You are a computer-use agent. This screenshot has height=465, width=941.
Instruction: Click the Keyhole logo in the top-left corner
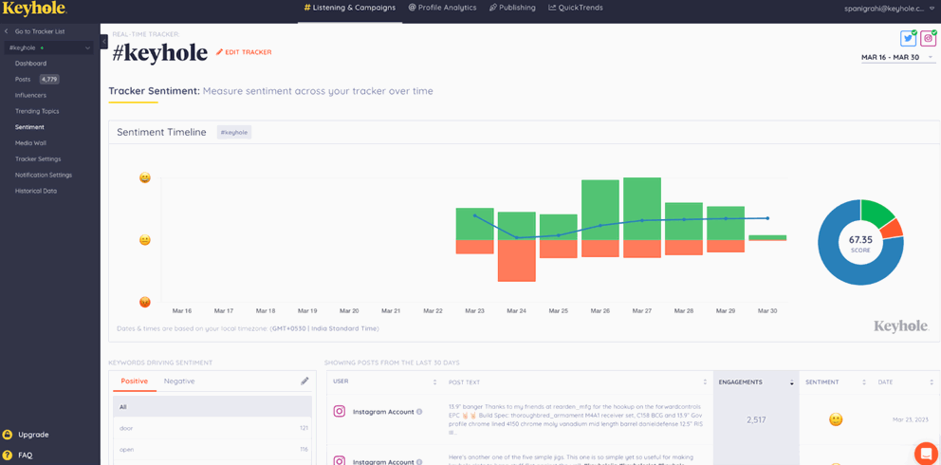[x=33, y=9]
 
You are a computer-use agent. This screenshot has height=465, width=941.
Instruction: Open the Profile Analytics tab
[x=442, y=8]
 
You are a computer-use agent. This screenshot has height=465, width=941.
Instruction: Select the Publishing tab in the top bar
[x=512, y=8]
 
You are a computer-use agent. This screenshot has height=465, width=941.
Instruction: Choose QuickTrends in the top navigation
[x=578, y=8]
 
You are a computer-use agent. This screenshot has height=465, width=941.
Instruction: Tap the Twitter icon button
[x=908, y=39]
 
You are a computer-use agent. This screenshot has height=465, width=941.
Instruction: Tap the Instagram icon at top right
[x=928, y=39]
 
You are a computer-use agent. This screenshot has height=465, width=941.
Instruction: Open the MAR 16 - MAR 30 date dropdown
[x=896, y=57]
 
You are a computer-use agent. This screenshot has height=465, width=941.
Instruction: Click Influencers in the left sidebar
[x=30, y=95]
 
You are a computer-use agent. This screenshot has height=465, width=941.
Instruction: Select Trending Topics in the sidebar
[x=37, y=111]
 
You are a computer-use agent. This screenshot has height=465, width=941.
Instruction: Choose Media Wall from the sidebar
[x=30, y=143]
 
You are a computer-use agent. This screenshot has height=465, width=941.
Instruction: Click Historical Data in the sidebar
[x=36, y=191]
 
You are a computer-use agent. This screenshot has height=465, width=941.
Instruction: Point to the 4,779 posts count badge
[x=49, y=80]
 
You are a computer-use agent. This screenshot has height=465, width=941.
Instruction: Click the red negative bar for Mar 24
[x=516, y=261]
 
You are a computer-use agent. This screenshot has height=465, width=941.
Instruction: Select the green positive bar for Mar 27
[x=641, y=209]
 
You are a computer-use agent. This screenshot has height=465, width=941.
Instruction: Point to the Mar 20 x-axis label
[x=349, y=310]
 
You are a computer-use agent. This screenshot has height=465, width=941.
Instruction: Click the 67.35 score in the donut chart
[x=860, y=242]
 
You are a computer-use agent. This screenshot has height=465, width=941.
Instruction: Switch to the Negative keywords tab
[x=179, y=381]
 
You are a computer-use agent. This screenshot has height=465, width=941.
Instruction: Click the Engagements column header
[x=741, y=381]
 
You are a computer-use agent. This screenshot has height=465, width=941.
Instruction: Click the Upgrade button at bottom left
[x=33, y=435]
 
